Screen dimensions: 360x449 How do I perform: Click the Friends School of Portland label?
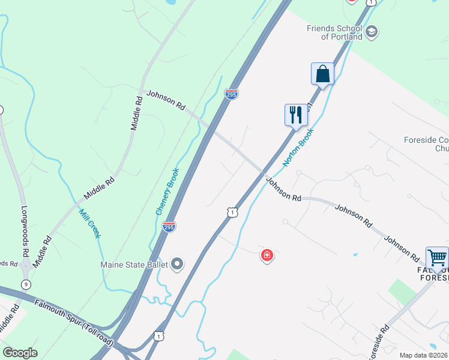[334, 32]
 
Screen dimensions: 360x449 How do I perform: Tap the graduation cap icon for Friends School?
[372, 31]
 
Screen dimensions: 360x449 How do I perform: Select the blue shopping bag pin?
[322, 74]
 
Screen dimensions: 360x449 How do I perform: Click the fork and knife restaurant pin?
[296, 115]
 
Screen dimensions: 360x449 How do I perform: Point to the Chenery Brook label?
[167, 191]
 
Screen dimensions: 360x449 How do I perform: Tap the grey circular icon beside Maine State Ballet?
[177, 264]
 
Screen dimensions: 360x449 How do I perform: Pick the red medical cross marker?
[267, 256]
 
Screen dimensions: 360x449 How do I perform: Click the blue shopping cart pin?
[437, 258]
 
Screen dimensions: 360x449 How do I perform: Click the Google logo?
[20, 353]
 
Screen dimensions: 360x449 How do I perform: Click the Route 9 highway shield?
[25, 284]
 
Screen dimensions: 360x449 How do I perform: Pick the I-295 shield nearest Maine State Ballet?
[169, 227]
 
